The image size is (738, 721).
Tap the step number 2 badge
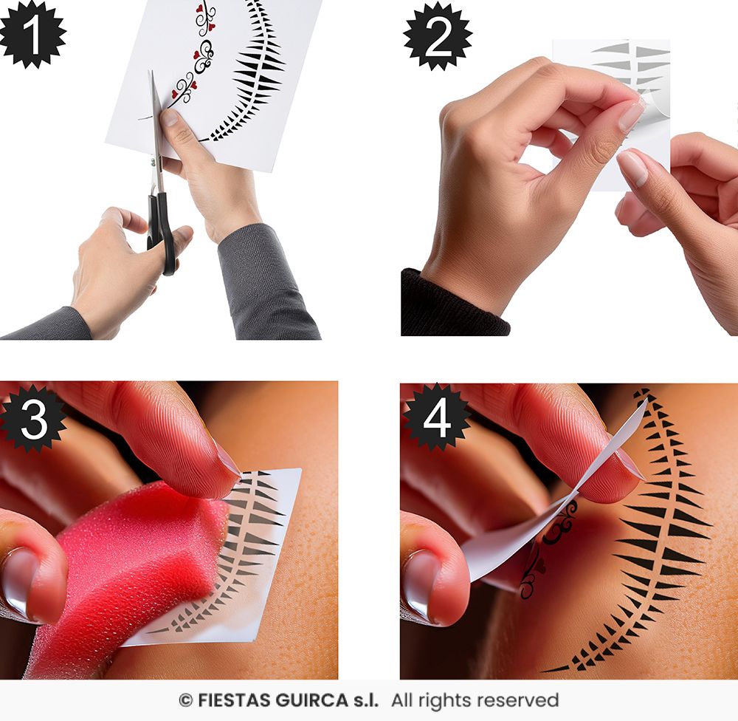click(x=438, y=37)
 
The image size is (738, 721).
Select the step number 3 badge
click(x=33, y=418)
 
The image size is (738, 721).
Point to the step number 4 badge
click(x=436, y=417)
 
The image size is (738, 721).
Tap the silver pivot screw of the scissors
click(x=153, y=163)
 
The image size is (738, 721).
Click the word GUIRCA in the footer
click(x=311, y=700)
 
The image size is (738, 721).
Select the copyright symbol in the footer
click(x=185, y=701)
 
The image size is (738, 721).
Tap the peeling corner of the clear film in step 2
click(x=652, y=106)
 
